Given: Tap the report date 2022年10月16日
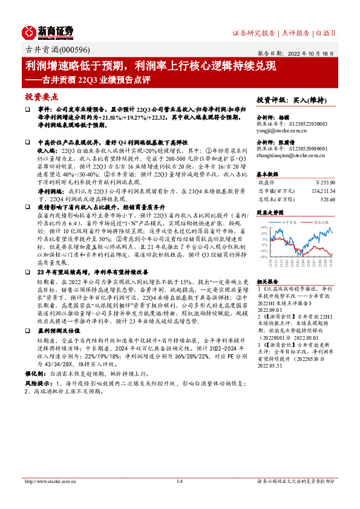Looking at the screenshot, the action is pyautogui.click(x=309, y=53).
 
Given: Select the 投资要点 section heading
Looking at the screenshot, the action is pyautogui.click(x=41, y=96).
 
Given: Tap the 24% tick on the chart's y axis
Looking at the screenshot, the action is pyautogui.click(x=263, y=227).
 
